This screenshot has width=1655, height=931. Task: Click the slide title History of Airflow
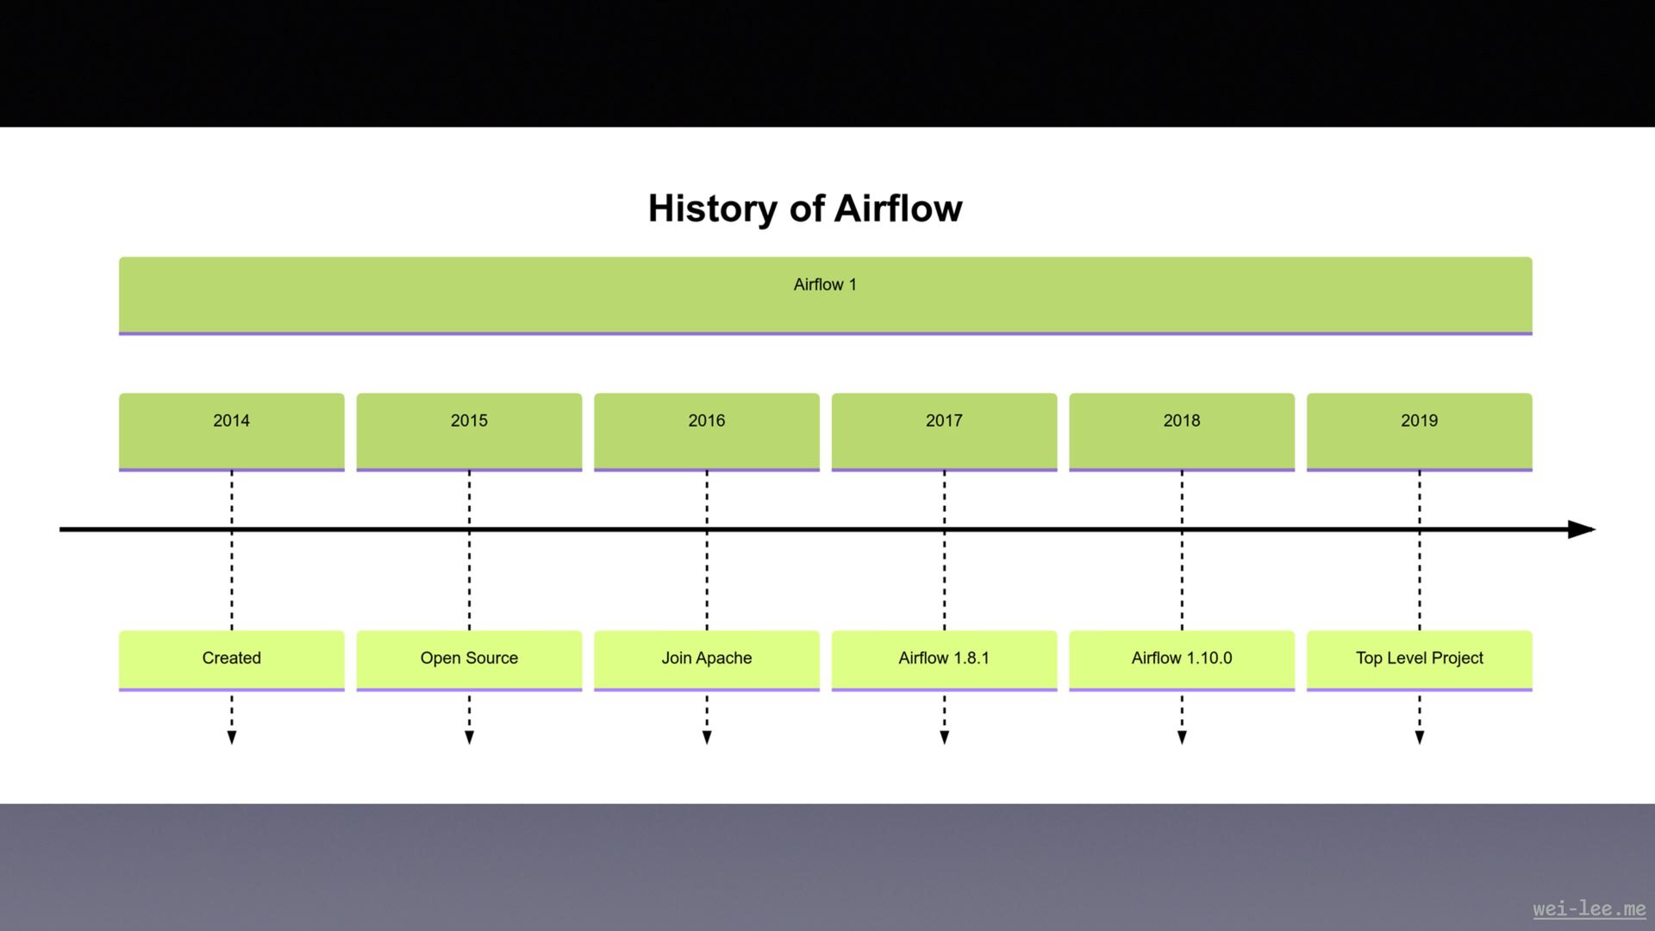tap(805, 209)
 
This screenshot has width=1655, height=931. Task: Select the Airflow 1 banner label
tap(825, 285)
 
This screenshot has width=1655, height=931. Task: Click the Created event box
tap(231, 659)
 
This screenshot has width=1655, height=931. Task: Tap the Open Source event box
tap(469, 659)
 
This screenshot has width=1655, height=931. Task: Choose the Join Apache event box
tap(706, 659)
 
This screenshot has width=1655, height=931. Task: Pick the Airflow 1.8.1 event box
tap(944, 659)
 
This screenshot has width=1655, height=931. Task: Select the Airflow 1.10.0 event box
tap(1181, 659)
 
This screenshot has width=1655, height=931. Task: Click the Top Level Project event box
tap(1419, 659)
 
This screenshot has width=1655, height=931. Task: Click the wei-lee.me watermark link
tap(1589, 909)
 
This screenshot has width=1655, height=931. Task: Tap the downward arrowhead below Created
tap(231, 737)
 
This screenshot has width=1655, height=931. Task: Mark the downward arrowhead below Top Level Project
tap(1419, 737)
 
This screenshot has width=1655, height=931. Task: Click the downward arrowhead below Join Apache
tap(706, 737)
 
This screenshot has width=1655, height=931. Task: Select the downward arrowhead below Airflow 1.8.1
tap(944, 737)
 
